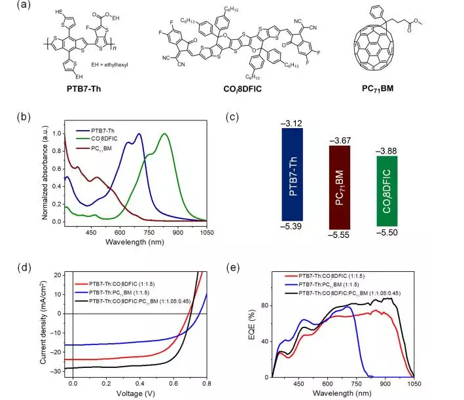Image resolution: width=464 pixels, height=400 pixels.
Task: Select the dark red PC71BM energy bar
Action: [x=340, y=187]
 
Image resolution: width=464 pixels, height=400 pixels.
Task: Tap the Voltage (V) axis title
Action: [x=139, y=395]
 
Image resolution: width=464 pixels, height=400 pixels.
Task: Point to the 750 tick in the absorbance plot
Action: [x=149, y=231]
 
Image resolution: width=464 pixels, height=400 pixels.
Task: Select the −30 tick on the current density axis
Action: [x=59, y=371]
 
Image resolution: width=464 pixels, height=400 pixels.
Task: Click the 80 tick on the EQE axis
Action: [x=265, y=305]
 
